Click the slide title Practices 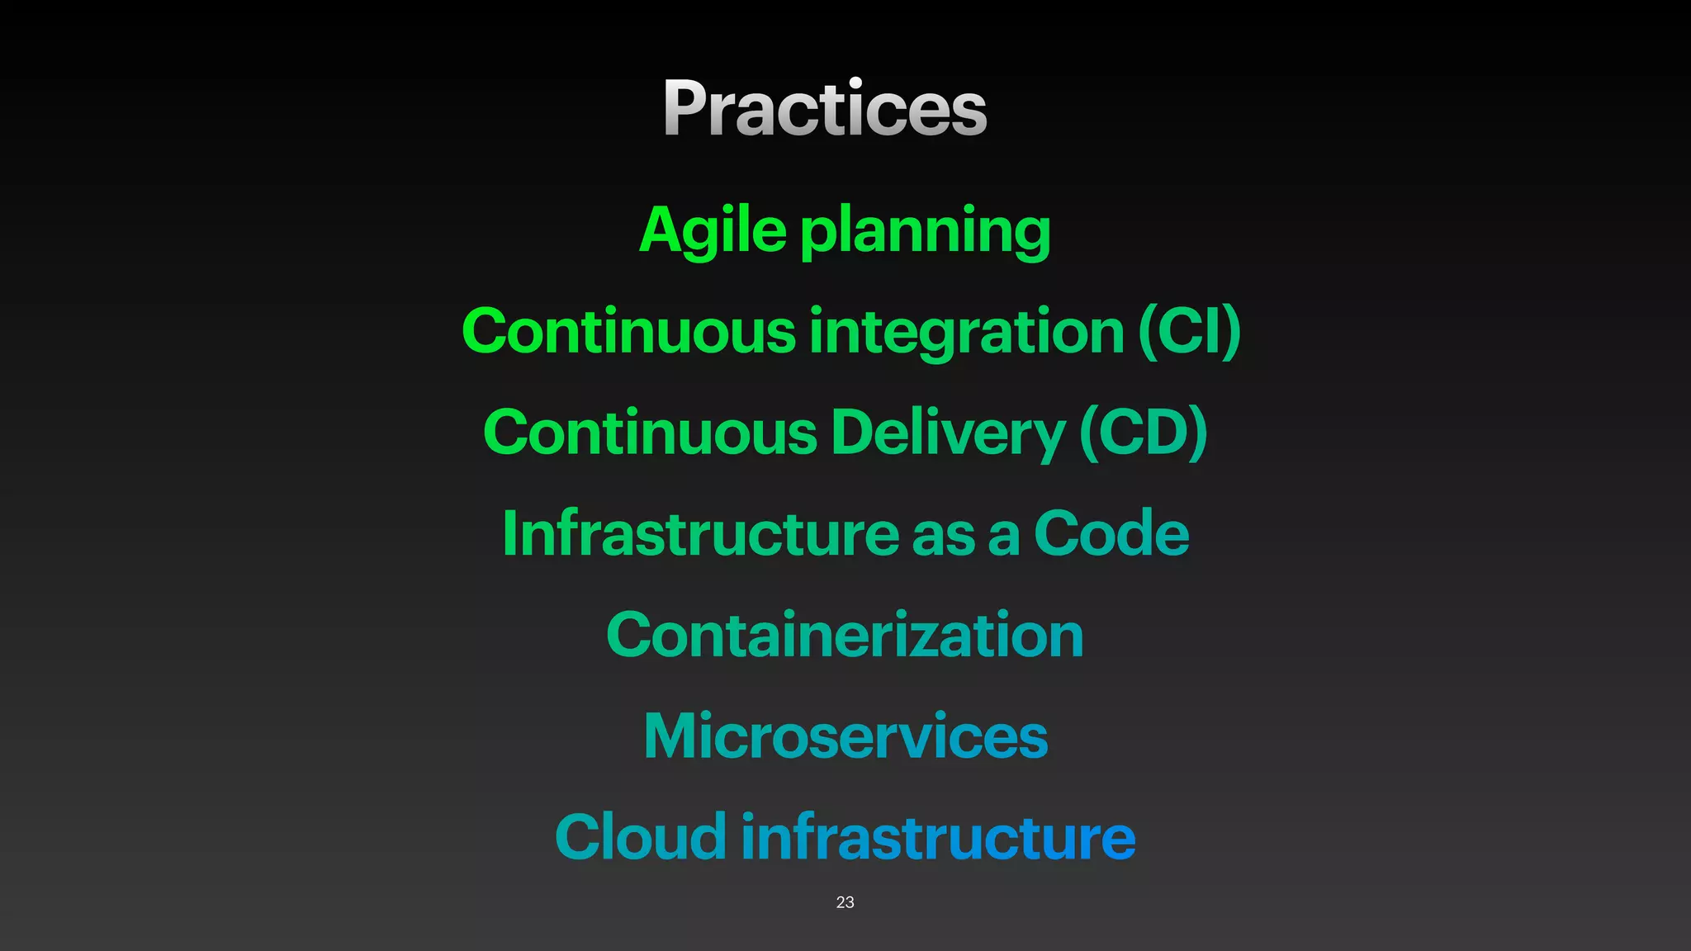click(825, 108)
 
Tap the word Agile click(713, 230)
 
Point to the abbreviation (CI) click(1189, 332)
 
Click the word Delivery click(948, 433)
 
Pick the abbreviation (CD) click(1143, 433)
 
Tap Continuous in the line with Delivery click(651, 433)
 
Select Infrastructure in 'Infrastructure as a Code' click(700, 534)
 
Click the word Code click(1111, 534)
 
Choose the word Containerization click(845, 636)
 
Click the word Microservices click(845, 736)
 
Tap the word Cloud click(641, 837)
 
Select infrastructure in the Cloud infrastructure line click(938, 837)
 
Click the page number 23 click(845, 902)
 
